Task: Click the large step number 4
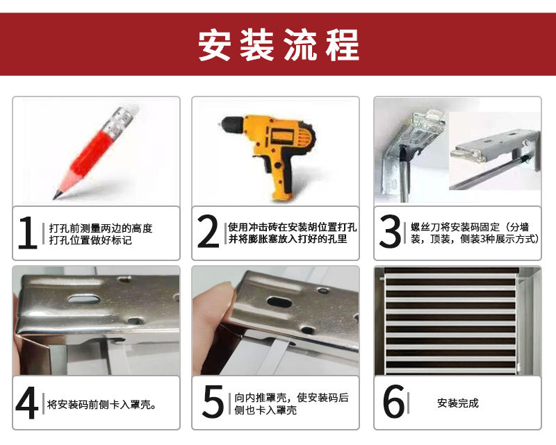coord(27,403)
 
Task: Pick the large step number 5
coord(212,403)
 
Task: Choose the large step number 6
coord(393,403)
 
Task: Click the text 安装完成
coord(457,403)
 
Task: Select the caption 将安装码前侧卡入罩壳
coord(101,404)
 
